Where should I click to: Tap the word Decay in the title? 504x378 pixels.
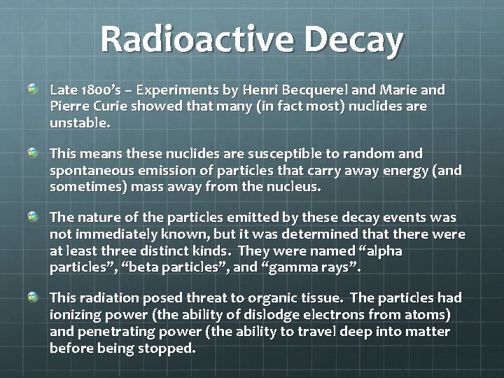tap(353, 40)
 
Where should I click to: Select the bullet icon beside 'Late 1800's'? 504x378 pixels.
tap(34, 90)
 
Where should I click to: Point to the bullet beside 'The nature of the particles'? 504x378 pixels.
tap(34, 216)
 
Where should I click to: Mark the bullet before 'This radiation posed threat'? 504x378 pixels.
tap(34, 298)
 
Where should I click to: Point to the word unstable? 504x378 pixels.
tap(78, 122)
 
